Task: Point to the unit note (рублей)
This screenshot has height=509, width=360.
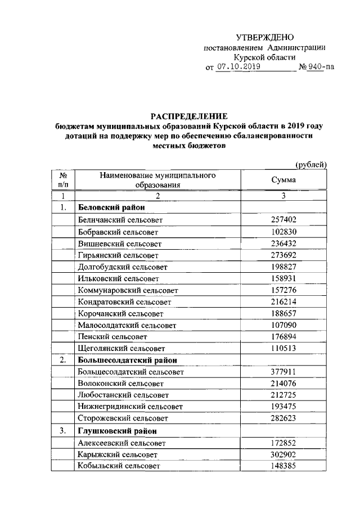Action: tap(311, 164)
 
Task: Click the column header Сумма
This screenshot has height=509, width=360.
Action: tap(284, 179)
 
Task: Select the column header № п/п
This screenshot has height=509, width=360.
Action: tap(63, 179)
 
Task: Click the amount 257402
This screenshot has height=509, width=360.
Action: tap(284, 220)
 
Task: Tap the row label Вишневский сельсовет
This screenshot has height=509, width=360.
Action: tap(120, 244)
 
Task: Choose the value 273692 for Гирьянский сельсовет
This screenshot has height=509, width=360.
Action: tap(284, 255)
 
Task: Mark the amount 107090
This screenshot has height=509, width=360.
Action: tap(284, 325)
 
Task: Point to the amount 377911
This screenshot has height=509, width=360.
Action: tap(284, 372)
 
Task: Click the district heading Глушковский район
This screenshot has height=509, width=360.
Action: tap(116, 431)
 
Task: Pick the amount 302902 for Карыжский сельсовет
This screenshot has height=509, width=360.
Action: tap(284, 454)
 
